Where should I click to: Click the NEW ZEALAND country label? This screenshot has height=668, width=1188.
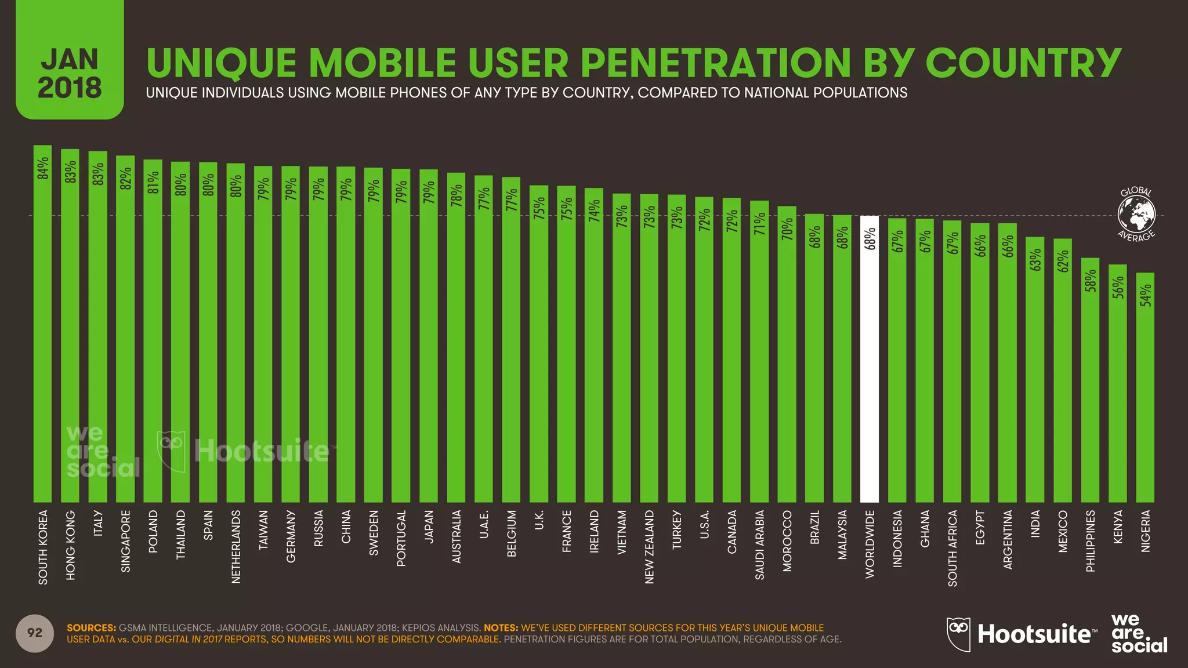tap(649, 546)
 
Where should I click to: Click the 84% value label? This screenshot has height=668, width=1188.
tap(43, 168)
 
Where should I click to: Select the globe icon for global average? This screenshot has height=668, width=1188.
tap(1136, 213)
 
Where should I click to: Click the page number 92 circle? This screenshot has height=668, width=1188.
tap(35, 633)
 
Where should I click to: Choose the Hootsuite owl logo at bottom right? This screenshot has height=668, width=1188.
tap(958, 634)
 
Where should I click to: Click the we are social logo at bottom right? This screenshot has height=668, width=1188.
tap(1139, 633)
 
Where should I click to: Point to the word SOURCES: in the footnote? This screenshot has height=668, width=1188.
tap(91, 628)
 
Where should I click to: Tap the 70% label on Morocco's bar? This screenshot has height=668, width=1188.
tap(787, 229)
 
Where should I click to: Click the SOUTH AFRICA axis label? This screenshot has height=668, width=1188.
tap(952, 547)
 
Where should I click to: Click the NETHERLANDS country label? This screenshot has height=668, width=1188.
tap(236, 546)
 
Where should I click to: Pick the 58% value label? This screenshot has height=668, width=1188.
tap(1091, 281)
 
